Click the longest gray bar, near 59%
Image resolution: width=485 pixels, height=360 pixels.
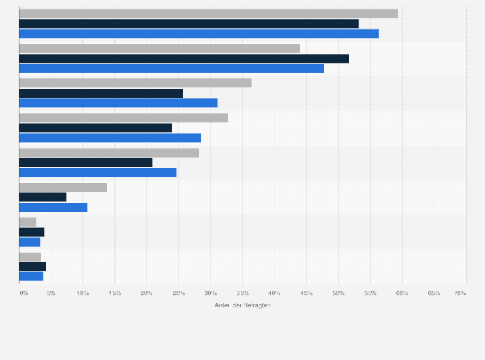pyautogui.click(x=208, y=14)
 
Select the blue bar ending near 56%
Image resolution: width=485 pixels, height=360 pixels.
pyautogui.click(x=199, y=33)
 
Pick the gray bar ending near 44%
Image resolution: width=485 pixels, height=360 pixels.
pyautogui.click(x=160, y=48)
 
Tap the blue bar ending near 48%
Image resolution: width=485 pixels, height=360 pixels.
pyautogui.click(x=172, y=68)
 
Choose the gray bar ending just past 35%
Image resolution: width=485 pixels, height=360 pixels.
pyautogui.click(x=135, y=83)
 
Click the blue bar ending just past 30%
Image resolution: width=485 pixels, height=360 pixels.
pyautogui.click(x=118, y=103)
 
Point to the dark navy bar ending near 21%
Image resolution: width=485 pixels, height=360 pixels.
pyautogui.click(x=86, y=162)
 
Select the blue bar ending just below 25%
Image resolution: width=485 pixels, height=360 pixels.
pyautogui.click(x=98, y=172)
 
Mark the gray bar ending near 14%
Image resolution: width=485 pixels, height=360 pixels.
pyautogui.click(x=63, y=187)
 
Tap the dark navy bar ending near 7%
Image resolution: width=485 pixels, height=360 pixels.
pyautogui.click(x=42, y=197)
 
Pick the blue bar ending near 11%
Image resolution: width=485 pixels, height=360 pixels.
pyautogui.click(x=53, y=207)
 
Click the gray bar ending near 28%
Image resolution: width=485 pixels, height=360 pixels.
pyautogui.click(x=109, y=152)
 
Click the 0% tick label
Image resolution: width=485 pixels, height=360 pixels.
pyautogui.click(x=24, y=293)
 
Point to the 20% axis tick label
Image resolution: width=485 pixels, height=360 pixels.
pyautogui.click(x=147, y=293)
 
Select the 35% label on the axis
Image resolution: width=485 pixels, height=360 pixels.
pyautogui.click(x=243, y=293)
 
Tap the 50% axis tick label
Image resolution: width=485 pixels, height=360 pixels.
pyautogui.click(x=338, y=293)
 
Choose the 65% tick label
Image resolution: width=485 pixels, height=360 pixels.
pyautogui.click(x=434, y=293)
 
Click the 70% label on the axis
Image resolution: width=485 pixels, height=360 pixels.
pyautogui.click(x=460, y=293)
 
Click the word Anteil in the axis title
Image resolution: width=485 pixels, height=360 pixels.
pyautogui.click(x=223, y=305)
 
